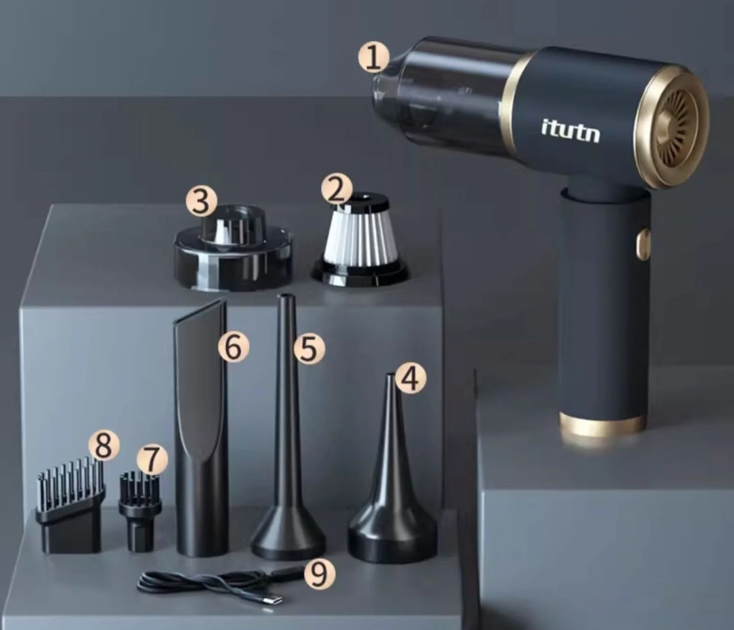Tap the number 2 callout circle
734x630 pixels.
337,190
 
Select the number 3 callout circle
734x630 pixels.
201,201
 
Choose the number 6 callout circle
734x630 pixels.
233,347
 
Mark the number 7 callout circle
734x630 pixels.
153,460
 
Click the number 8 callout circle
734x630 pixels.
104,447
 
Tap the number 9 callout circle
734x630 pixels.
319,574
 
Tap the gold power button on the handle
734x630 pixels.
643,244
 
